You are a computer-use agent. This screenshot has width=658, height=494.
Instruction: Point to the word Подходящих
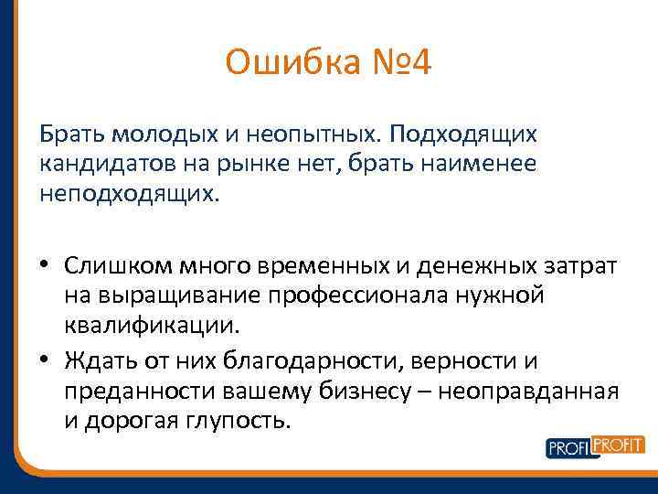tap(463, 134)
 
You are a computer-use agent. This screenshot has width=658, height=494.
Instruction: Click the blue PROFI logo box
tap(570, 448)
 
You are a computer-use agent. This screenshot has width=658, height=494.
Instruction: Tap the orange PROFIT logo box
tap(618, 446)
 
